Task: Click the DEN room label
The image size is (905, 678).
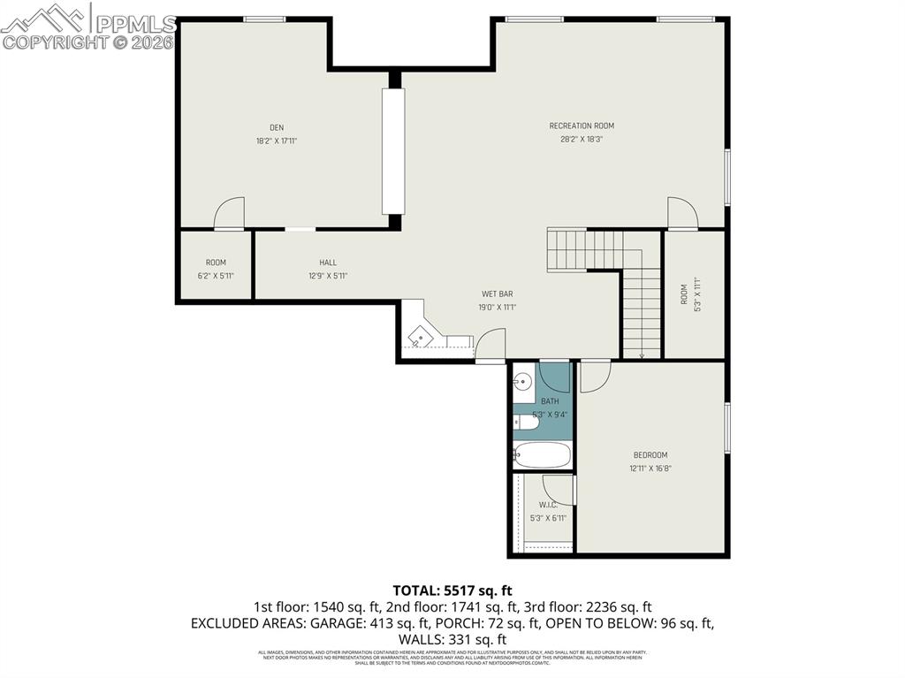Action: click(x=277, y=127)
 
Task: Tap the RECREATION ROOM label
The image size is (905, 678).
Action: click(x=582, y=126)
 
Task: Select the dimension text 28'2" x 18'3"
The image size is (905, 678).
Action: click(x=582, y=139)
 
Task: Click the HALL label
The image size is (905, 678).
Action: click(x=328, y=263)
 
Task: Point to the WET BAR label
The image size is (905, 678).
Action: click(x=497, y=293)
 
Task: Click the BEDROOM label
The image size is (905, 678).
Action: click(x=650, y=455)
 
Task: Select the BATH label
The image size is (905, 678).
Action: click(x=550, y=401)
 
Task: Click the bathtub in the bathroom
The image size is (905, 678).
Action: click(x=542, y=456)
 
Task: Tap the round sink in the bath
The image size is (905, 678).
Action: click(x=524, y=383)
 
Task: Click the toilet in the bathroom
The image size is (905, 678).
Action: click(x=526, y=423)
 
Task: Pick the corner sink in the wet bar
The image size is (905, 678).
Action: click(x=422, y=335)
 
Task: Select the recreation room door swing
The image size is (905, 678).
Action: click(x=681, y=213)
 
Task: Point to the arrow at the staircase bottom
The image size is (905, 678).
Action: click(x=642, y=355)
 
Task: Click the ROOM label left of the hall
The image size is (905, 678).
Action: click(x=216, y=263)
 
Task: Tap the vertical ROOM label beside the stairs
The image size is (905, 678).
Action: click(x=683, y=294)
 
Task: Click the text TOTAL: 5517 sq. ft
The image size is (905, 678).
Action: click(x=452, y=590)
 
